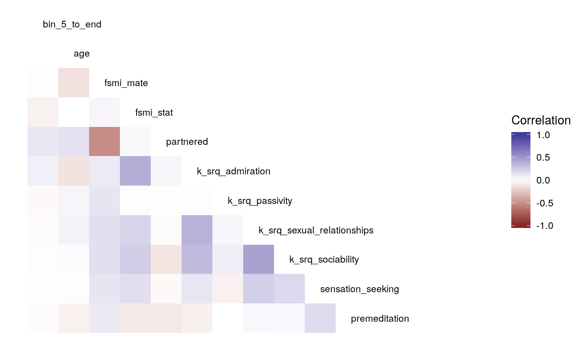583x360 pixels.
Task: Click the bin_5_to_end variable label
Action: click(72, 25)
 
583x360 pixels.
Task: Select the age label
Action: click(82, 54)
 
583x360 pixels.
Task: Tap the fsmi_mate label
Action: click(126, 83)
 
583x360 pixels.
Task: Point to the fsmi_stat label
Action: click(154, 113)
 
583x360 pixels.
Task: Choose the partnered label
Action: click(187, 142)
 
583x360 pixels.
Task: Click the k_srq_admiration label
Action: click(234, 171)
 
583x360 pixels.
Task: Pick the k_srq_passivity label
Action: click(260, 201)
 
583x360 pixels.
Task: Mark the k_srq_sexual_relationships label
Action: click(316, 231)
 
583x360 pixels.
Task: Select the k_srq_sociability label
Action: click(324, 260)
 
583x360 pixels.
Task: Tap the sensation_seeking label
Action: click(359, 289)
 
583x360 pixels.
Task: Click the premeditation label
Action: click(380, 319)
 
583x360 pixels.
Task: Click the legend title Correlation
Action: click(541, 121)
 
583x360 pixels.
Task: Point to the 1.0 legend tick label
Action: click(543, 135)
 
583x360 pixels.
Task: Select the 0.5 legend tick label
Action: click(543, 158)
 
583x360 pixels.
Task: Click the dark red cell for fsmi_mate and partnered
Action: click(105, 142)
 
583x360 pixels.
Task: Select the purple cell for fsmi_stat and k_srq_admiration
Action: click(135, 171)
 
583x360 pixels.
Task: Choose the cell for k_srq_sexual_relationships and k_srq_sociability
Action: click(259, 259)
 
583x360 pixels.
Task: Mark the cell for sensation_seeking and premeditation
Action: click(320, 318)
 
